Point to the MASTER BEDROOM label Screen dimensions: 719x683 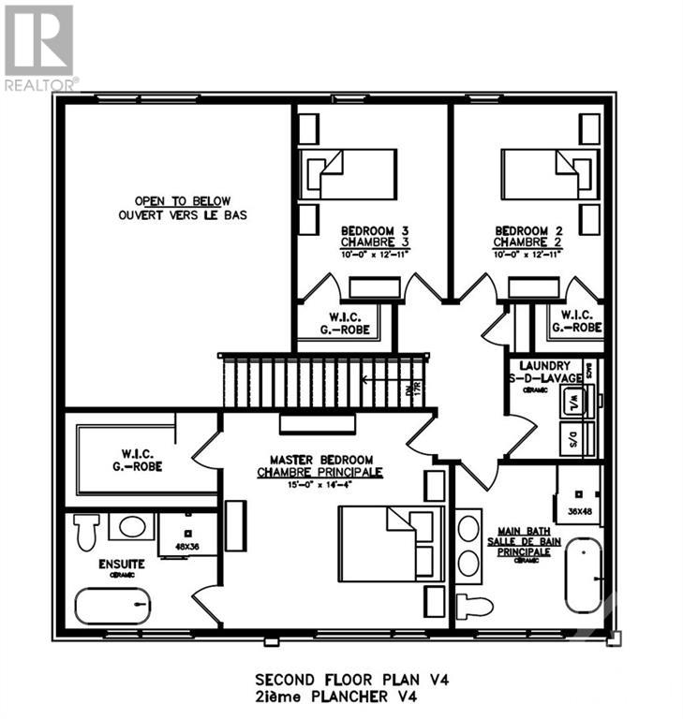point(321,460)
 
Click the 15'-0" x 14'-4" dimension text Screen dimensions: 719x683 point(321,487)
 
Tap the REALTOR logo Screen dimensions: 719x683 point(39,47)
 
